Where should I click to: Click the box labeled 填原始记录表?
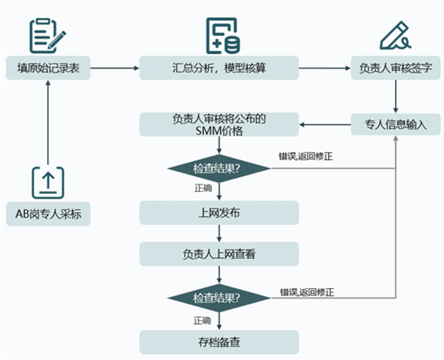point(48,68)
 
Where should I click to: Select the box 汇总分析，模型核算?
point(219,68)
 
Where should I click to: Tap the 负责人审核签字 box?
point(395,68)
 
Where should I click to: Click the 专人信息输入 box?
point(395,124)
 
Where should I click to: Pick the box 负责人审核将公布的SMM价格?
point(219,124)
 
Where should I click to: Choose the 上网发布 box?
point(219,213)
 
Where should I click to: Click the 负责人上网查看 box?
point(219,254)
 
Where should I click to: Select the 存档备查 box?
point(219,342)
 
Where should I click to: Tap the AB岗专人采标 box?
point(48,213)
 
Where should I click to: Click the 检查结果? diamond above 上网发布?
point(219,167)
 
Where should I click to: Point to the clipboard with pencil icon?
point(48,35)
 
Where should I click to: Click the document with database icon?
point(222,35)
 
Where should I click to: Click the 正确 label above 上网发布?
point(203,189)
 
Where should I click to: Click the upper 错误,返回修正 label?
point(306,157)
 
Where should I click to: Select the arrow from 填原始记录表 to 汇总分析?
point(115,68)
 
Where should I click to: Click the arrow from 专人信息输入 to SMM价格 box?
point(325,124)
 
